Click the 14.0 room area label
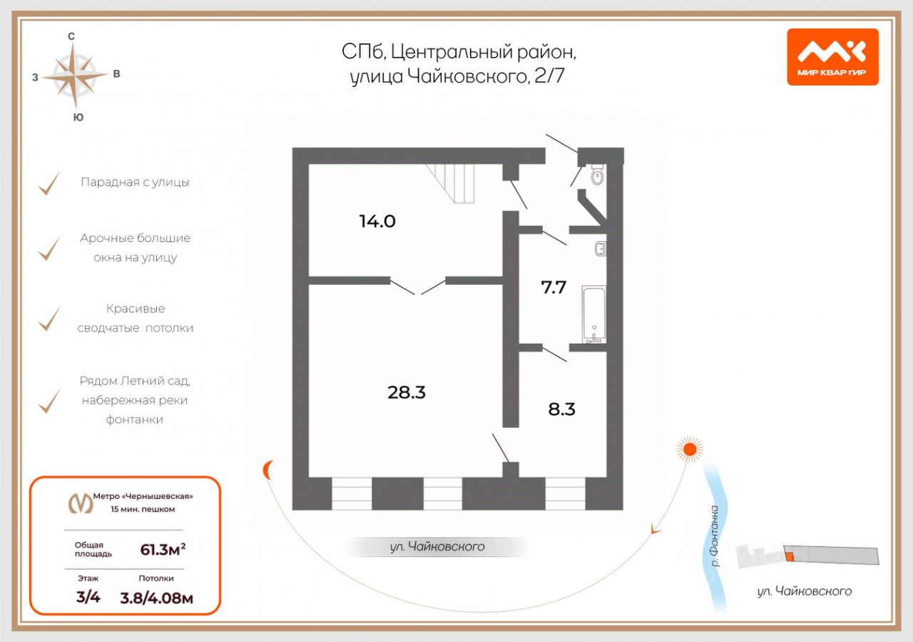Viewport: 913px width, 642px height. (377, 221)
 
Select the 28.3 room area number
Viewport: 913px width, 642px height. (407, 392)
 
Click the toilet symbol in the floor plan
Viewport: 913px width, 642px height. (598, 175)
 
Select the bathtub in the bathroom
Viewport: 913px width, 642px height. (593, 313)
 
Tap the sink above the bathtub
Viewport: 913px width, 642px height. (601, 249)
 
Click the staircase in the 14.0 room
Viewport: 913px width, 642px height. (451, 183)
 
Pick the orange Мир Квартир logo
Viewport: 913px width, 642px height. (832, 56)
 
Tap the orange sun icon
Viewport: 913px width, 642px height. (689, 449)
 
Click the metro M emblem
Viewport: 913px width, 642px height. (81, 503)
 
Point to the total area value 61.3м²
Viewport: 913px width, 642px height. (168, 549)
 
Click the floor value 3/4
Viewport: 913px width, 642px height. (88, 598)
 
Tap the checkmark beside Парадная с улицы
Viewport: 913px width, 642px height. (49, 183)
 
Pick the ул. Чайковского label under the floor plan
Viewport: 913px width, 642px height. (437, 547)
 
